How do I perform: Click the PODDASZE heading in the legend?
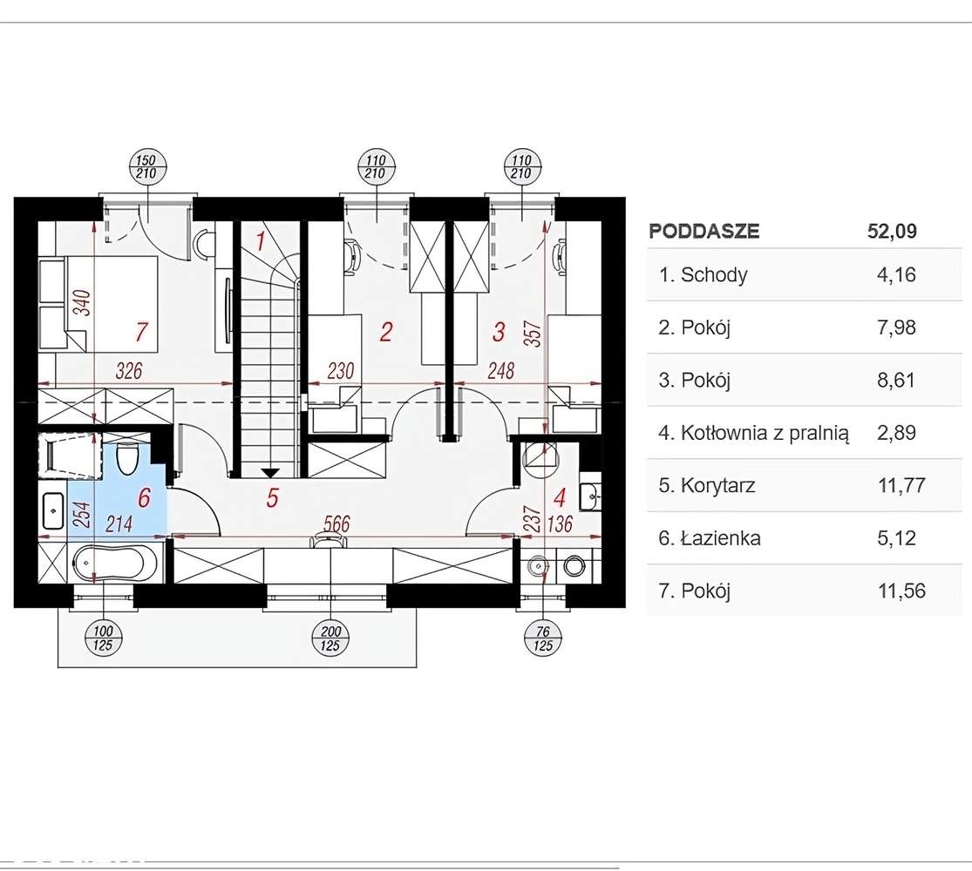[x=704, y=231]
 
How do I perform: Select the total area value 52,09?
[x=892, y=231]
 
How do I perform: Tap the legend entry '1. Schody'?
[x=703, y=274]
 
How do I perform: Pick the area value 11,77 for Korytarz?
[x=901, y=485]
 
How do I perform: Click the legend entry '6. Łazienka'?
[x=709, y=537]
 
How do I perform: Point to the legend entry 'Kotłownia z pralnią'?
[x=765, y=433]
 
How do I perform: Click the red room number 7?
[x=141, y=332]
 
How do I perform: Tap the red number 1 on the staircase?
[x=261, y=241]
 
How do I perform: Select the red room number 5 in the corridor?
[x=272, y=498]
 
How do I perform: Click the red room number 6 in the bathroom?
[x=144, y=497]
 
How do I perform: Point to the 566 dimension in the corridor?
[x=336, y=524]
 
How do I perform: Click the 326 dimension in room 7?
[x=129, y=370]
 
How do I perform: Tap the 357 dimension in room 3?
[x=535, y=334]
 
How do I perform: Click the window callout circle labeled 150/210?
[x=146, y=167]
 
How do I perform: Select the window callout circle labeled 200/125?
[x=330, y=638]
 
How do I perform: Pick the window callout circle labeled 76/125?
[x=542, y=638]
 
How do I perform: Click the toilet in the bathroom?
[x=127, y=458]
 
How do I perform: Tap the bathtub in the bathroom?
[x=108, y=564]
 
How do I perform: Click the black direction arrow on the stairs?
[x=269, y=473]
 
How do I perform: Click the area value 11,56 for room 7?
[x=901, y=591]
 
